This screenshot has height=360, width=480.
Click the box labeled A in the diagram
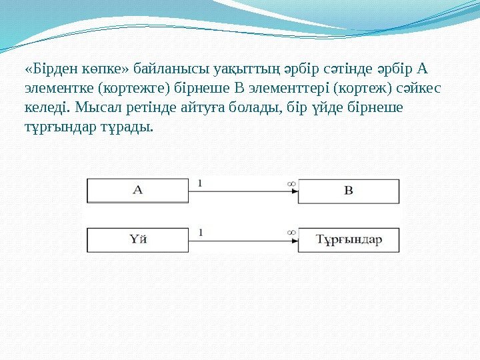[138, 190]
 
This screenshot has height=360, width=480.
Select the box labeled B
[349, 190]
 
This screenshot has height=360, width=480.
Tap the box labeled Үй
[138, 240]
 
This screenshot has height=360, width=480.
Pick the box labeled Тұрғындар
[349, 240]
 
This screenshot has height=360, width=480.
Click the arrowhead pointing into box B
[294, 191]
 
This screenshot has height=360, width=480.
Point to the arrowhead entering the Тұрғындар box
[294, 241]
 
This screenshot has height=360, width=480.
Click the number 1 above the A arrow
[201, 182]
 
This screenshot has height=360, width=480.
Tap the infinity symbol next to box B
[291, 182]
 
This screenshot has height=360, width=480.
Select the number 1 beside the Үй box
[201, 232]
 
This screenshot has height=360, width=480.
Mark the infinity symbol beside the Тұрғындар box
[291, 232]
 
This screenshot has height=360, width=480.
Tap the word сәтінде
[341, 69]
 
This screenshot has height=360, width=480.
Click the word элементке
[54, 88]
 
